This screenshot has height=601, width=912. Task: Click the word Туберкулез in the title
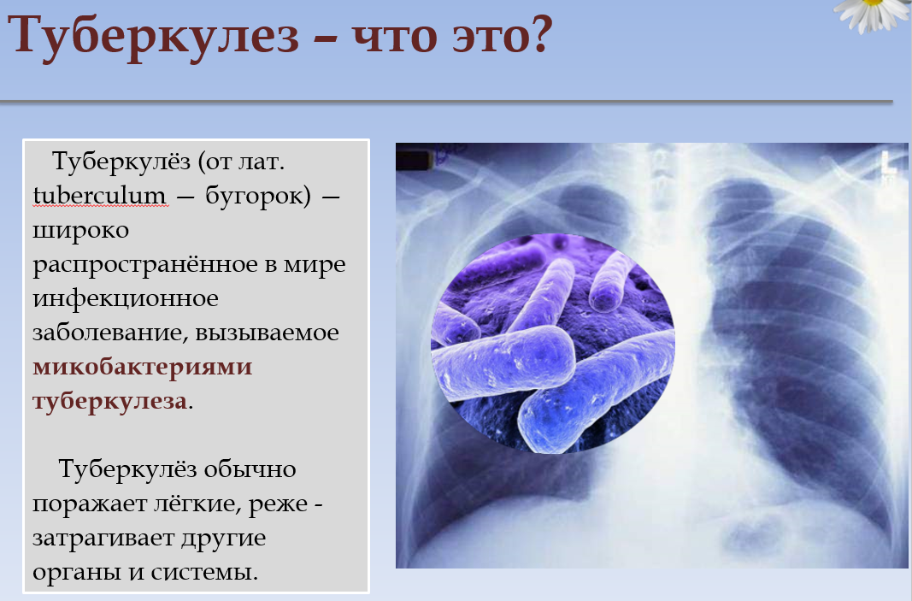point(154,36)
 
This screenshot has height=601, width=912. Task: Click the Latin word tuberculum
point(99,196)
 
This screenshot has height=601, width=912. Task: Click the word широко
point(81,231)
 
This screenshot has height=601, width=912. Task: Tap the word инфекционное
point(126,299)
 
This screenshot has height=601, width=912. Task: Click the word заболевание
point(110,333)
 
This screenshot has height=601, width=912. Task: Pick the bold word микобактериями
point(143,368)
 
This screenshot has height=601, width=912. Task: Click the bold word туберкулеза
point(110,402)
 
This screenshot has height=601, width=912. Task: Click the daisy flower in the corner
point(873,14)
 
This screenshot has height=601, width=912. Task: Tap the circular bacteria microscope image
point(552,344)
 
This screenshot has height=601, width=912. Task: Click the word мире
point(315,265)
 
